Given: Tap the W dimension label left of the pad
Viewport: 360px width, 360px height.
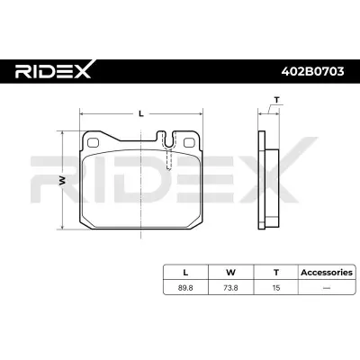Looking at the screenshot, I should click(x=62, y=179).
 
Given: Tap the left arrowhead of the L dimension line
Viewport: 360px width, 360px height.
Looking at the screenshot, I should click(x=82, y=115).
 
